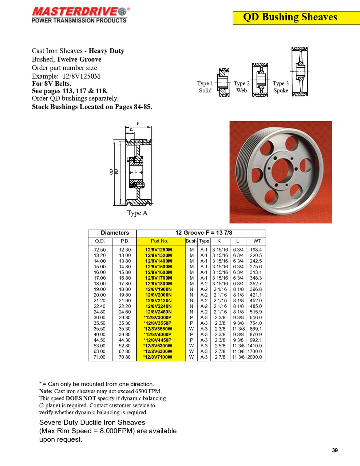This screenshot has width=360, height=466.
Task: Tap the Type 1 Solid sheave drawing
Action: coord(223,83)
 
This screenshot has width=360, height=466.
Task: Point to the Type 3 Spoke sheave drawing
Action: coord(300,72)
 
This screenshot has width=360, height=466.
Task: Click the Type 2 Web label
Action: coord(242,87)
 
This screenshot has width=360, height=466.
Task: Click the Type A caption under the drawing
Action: coord(137,213)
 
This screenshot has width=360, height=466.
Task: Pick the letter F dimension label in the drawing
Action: coord(138,124)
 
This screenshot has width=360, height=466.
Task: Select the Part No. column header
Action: coord(159,241)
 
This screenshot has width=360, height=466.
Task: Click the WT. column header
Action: coord(257,241)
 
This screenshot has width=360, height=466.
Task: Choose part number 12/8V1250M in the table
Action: coord(158,250)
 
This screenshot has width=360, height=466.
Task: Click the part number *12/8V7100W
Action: coord(158,357)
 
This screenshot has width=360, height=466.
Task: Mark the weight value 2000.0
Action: coord(254,357)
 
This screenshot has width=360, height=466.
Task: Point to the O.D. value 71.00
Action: coord(99,357)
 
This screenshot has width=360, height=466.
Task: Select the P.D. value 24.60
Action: coord(124,312)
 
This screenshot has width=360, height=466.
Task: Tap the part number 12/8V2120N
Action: coord(158,301)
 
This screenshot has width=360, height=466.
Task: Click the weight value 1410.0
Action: coord(254,346)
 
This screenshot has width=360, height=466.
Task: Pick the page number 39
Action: coord(335,450)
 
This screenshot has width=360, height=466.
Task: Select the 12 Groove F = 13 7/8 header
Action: coord(203,233)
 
